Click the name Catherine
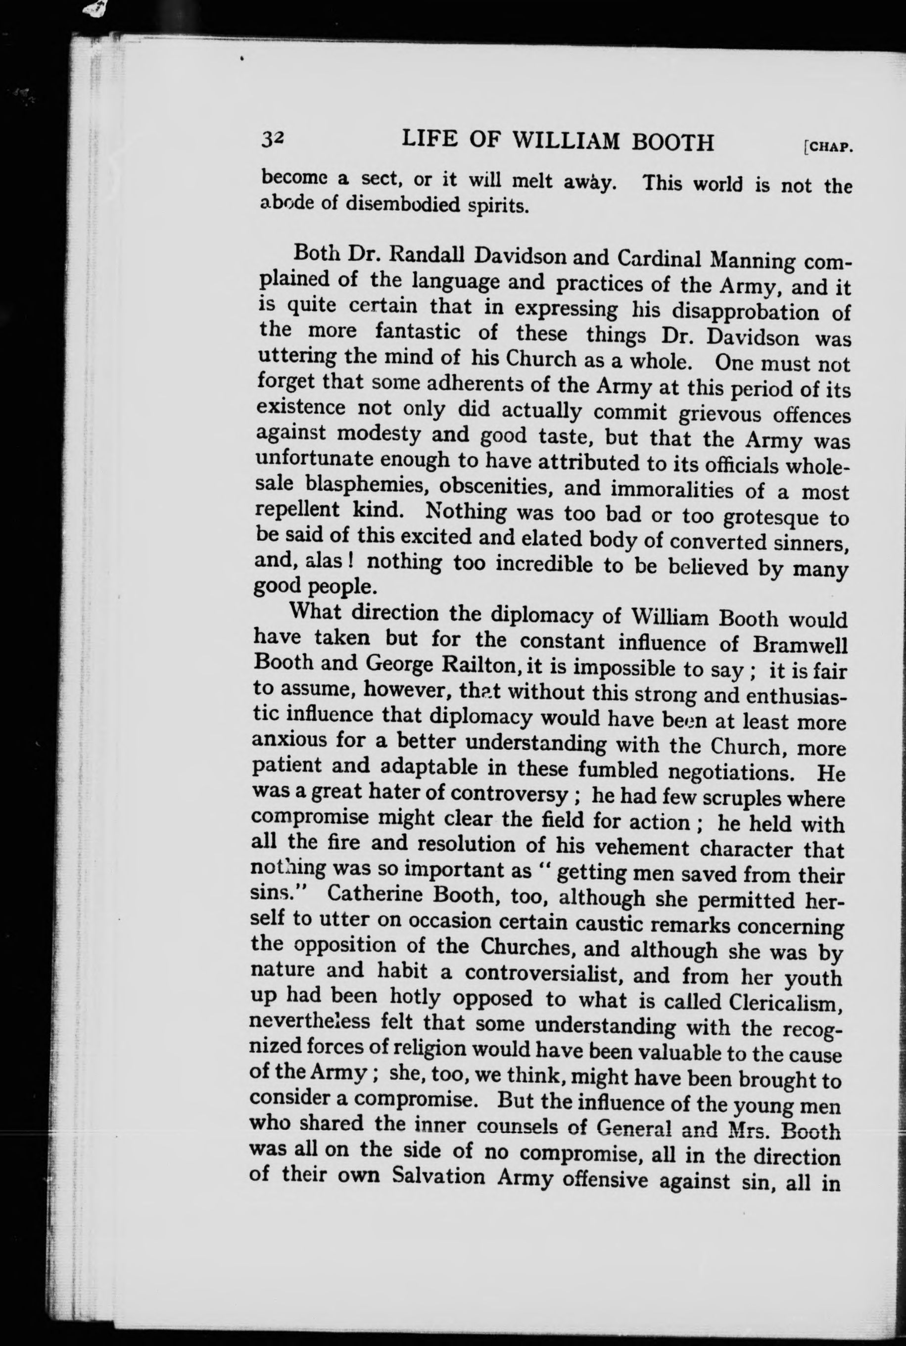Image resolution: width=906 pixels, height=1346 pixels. [x=375, y=895]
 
